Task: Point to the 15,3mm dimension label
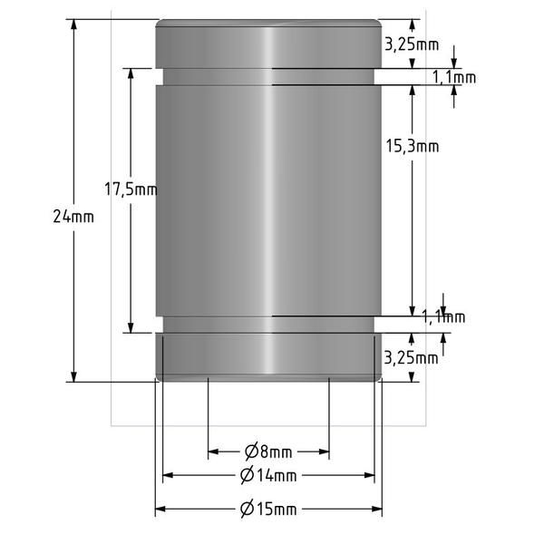(x=413, y=145)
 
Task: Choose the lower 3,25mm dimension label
(x=412, y=357)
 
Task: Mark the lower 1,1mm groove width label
(x=444, y=316)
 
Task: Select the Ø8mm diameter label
(x=268, y=452)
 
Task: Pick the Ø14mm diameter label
(x=268, y=475)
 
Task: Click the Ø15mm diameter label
(x=268, y=510)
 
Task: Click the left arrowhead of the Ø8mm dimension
(x=214, y=452)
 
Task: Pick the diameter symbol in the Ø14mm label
(x=247, y=475)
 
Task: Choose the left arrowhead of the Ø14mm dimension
(x=168, y=475)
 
